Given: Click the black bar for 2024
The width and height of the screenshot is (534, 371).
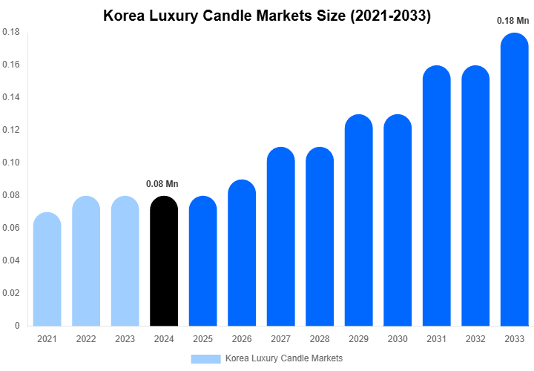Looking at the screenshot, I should pyautogui.click(x=164, y=261).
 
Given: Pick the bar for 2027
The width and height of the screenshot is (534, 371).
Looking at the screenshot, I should pyautogui.click(x=281, y=237).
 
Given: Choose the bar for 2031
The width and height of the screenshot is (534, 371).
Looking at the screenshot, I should pyautogui.click(x=437, y=196).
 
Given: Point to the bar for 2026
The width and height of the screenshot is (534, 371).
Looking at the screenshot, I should pyautogui.click(x=242, y=253).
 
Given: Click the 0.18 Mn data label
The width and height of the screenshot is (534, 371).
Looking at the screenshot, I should pyautogui.click(x=512, y=21).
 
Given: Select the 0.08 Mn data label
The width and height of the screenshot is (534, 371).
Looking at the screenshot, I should pyautogui.click(x=162, y=183).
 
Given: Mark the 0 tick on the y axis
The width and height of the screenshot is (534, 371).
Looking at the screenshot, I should pyautogui.click(x=17, y=326).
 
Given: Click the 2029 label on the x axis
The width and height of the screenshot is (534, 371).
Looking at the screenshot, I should pyautogui.click(x=359, y=339).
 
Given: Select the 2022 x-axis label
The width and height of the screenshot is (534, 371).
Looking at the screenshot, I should pyautogui.click(x=86, y=339).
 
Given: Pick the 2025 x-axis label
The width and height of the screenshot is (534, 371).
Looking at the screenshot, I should pyautogui.click(x=203, y=339).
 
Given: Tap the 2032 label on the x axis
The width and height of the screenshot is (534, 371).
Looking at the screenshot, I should pyautogui.click(x=475, y=339).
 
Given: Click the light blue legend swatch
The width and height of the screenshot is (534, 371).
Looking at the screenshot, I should pyautogui.click(x=205, y=359).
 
